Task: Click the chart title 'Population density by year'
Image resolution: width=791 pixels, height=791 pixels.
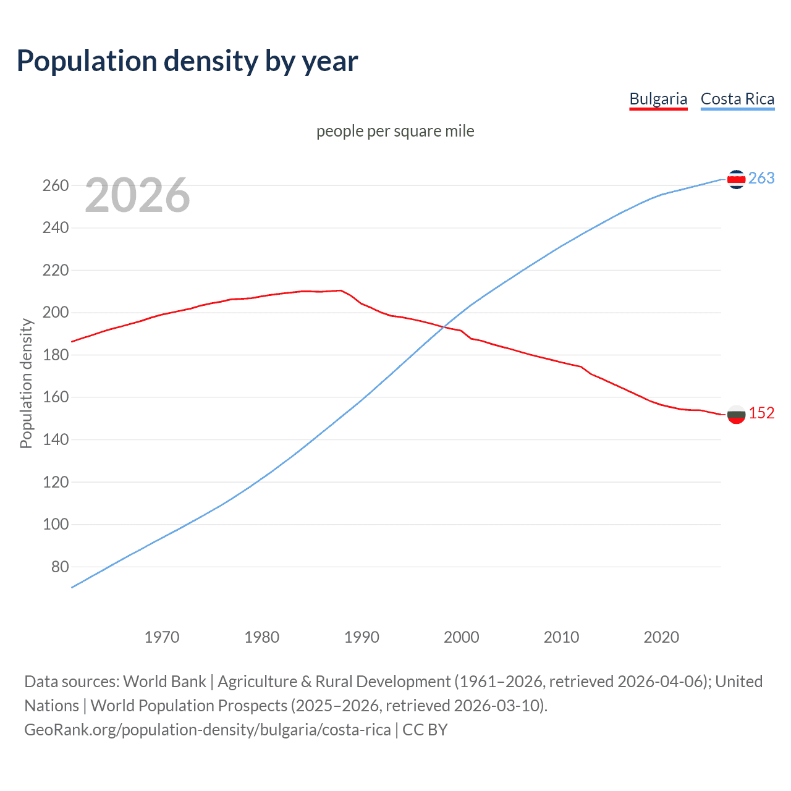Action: tap(187, 61)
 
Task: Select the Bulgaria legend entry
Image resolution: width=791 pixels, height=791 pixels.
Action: tap(658, 99)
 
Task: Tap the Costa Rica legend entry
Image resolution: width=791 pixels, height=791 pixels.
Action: tap(737, 99)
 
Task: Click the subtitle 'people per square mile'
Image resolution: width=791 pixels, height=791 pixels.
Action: tap(395, 131)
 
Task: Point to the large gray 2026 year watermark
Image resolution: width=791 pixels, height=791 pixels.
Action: tap(137, 195)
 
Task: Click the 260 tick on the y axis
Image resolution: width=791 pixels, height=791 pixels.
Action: tap(56, 185)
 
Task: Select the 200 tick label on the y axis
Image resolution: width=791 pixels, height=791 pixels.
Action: tap(56, 313)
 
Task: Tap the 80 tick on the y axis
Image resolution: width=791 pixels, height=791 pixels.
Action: tap(60, 567)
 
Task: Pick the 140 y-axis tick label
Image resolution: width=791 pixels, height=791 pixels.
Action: tap(56, 440)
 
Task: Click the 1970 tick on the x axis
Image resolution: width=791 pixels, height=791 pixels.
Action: tap(162, 637)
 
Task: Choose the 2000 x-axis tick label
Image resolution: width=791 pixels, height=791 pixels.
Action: tap(462, 637)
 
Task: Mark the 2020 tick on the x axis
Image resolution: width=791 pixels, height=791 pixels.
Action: tap(661, 637)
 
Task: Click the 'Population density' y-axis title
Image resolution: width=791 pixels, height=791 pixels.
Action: tap(26, 383)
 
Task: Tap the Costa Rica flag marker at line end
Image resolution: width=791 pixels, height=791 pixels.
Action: tap(736, 179)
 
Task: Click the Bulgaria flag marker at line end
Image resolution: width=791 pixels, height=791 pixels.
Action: tap(736, 415)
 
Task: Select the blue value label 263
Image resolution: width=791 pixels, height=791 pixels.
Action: tap(761, 179)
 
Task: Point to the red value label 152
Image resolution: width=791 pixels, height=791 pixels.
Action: tap(761, 413)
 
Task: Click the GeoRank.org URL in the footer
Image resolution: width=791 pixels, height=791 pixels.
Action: tap(208, 730)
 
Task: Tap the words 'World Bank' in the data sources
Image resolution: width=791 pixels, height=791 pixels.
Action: tap(164, 682)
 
